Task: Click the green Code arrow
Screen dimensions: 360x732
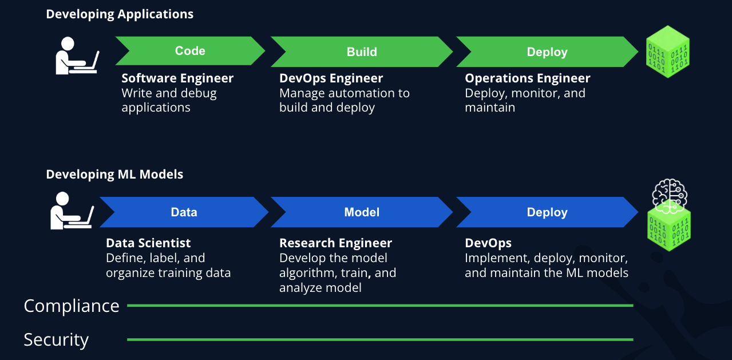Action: click(x=190, y=51)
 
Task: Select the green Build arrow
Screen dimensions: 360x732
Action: click(x=362, y=52)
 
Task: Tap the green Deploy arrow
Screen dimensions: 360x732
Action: click(x=547, y=52)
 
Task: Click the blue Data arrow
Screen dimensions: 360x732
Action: click(x=184, y=212)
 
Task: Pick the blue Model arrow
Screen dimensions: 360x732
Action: click(x=362, y=212)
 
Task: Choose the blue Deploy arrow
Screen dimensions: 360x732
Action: click(x=547, y=212)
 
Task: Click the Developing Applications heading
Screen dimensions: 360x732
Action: click(x=120, y=14)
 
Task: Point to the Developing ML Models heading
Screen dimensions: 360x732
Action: click(x=114, y=175)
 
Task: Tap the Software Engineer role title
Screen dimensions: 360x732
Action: click(x=177, y=78)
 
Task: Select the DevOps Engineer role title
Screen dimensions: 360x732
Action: click(x=331, y=78)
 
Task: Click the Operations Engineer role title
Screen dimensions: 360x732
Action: click(x=527, y=78)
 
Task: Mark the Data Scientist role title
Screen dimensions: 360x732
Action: click(x=148, y=243)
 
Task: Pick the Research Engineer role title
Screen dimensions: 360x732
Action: click(x=335, y=243)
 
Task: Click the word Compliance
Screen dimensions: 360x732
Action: click(x=72, y=306)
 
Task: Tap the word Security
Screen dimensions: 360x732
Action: click(x=56, y=340)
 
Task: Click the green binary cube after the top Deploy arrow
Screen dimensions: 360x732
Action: click(x=667, y=52)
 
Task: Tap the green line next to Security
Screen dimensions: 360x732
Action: click(x=380, y=339)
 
